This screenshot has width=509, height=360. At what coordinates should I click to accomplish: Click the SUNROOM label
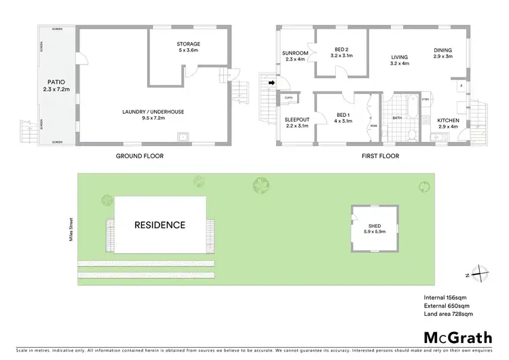(295, 52)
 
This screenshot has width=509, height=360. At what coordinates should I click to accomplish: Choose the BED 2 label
(341, 49)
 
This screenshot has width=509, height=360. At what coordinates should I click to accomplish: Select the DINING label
(443, 50)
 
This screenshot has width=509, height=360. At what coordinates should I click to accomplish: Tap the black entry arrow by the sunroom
(271, 84)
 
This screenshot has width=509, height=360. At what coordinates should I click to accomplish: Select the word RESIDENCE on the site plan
(159, 225)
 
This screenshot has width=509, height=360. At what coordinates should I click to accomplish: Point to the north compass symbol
(479, 274)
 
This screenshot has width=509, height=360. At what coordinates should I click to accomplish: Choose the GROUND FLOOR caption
(140, 156)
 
